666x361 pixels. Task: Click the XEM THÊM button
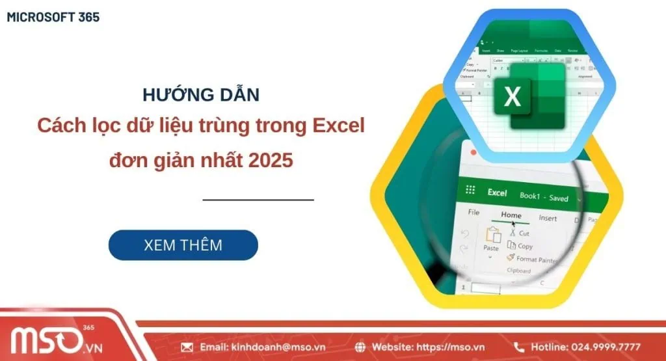(183, 245)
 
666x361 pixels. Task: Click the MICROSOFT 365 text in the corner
(53, 18)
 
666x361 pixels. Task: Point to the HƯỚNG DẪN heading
(200, 95)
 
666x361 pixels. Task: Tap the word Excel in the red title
(333, 126)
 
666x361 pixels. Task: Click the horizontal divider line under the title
(258, 200)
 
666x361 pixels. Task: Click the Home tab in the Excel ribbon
(511, 215)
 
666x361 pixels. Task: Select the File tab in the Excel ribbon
(473, 212)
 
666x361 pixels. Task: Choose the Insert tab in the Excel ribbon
(548, 219)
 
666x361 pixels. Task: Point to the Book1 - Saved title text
(544, 197)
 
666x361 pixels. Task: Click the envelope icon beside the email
(187, 347)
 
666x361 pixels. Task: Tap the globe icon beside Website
(361, 347)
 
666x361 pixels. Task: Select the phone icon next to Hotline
(519, 347)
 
